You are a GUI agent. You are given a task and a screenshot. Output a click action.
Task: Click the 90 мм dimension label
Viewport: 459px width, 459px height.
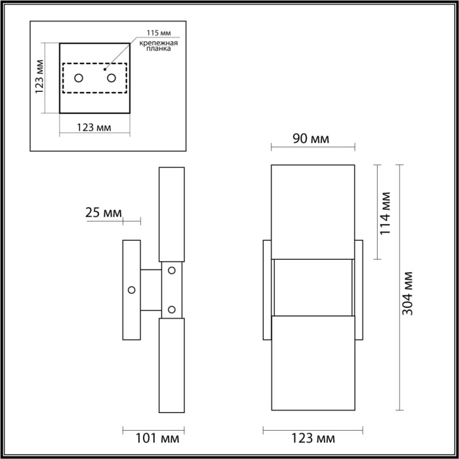311,139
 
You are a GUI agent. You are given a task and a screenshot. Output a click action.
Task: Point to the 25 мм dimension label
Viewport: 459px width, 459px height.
104,212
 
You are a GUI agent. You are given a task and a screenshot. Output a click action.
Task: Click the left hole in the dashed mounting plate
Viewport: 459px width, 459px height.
79,79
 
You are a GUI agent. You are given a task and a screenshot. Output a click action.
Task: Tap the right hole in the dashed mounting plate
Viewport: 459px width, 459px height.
111,79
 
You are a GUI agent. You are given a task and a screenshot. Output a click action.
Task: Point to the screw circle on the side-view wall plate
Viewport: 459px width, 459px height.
132,290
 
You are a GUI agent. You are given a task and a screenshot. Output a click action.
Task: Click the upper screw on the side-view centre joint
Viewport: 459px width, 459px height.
172,269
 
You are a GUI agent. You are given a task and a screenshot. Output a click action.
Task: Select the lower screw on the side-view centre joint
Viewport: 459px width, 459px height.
172,309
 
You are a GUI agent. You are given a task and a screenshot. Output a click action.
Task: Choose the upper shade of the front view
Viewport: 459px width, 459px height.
313,210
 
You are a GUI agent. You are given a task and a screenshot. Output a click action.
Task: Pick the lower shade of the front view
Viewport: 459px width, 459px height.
313,365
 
